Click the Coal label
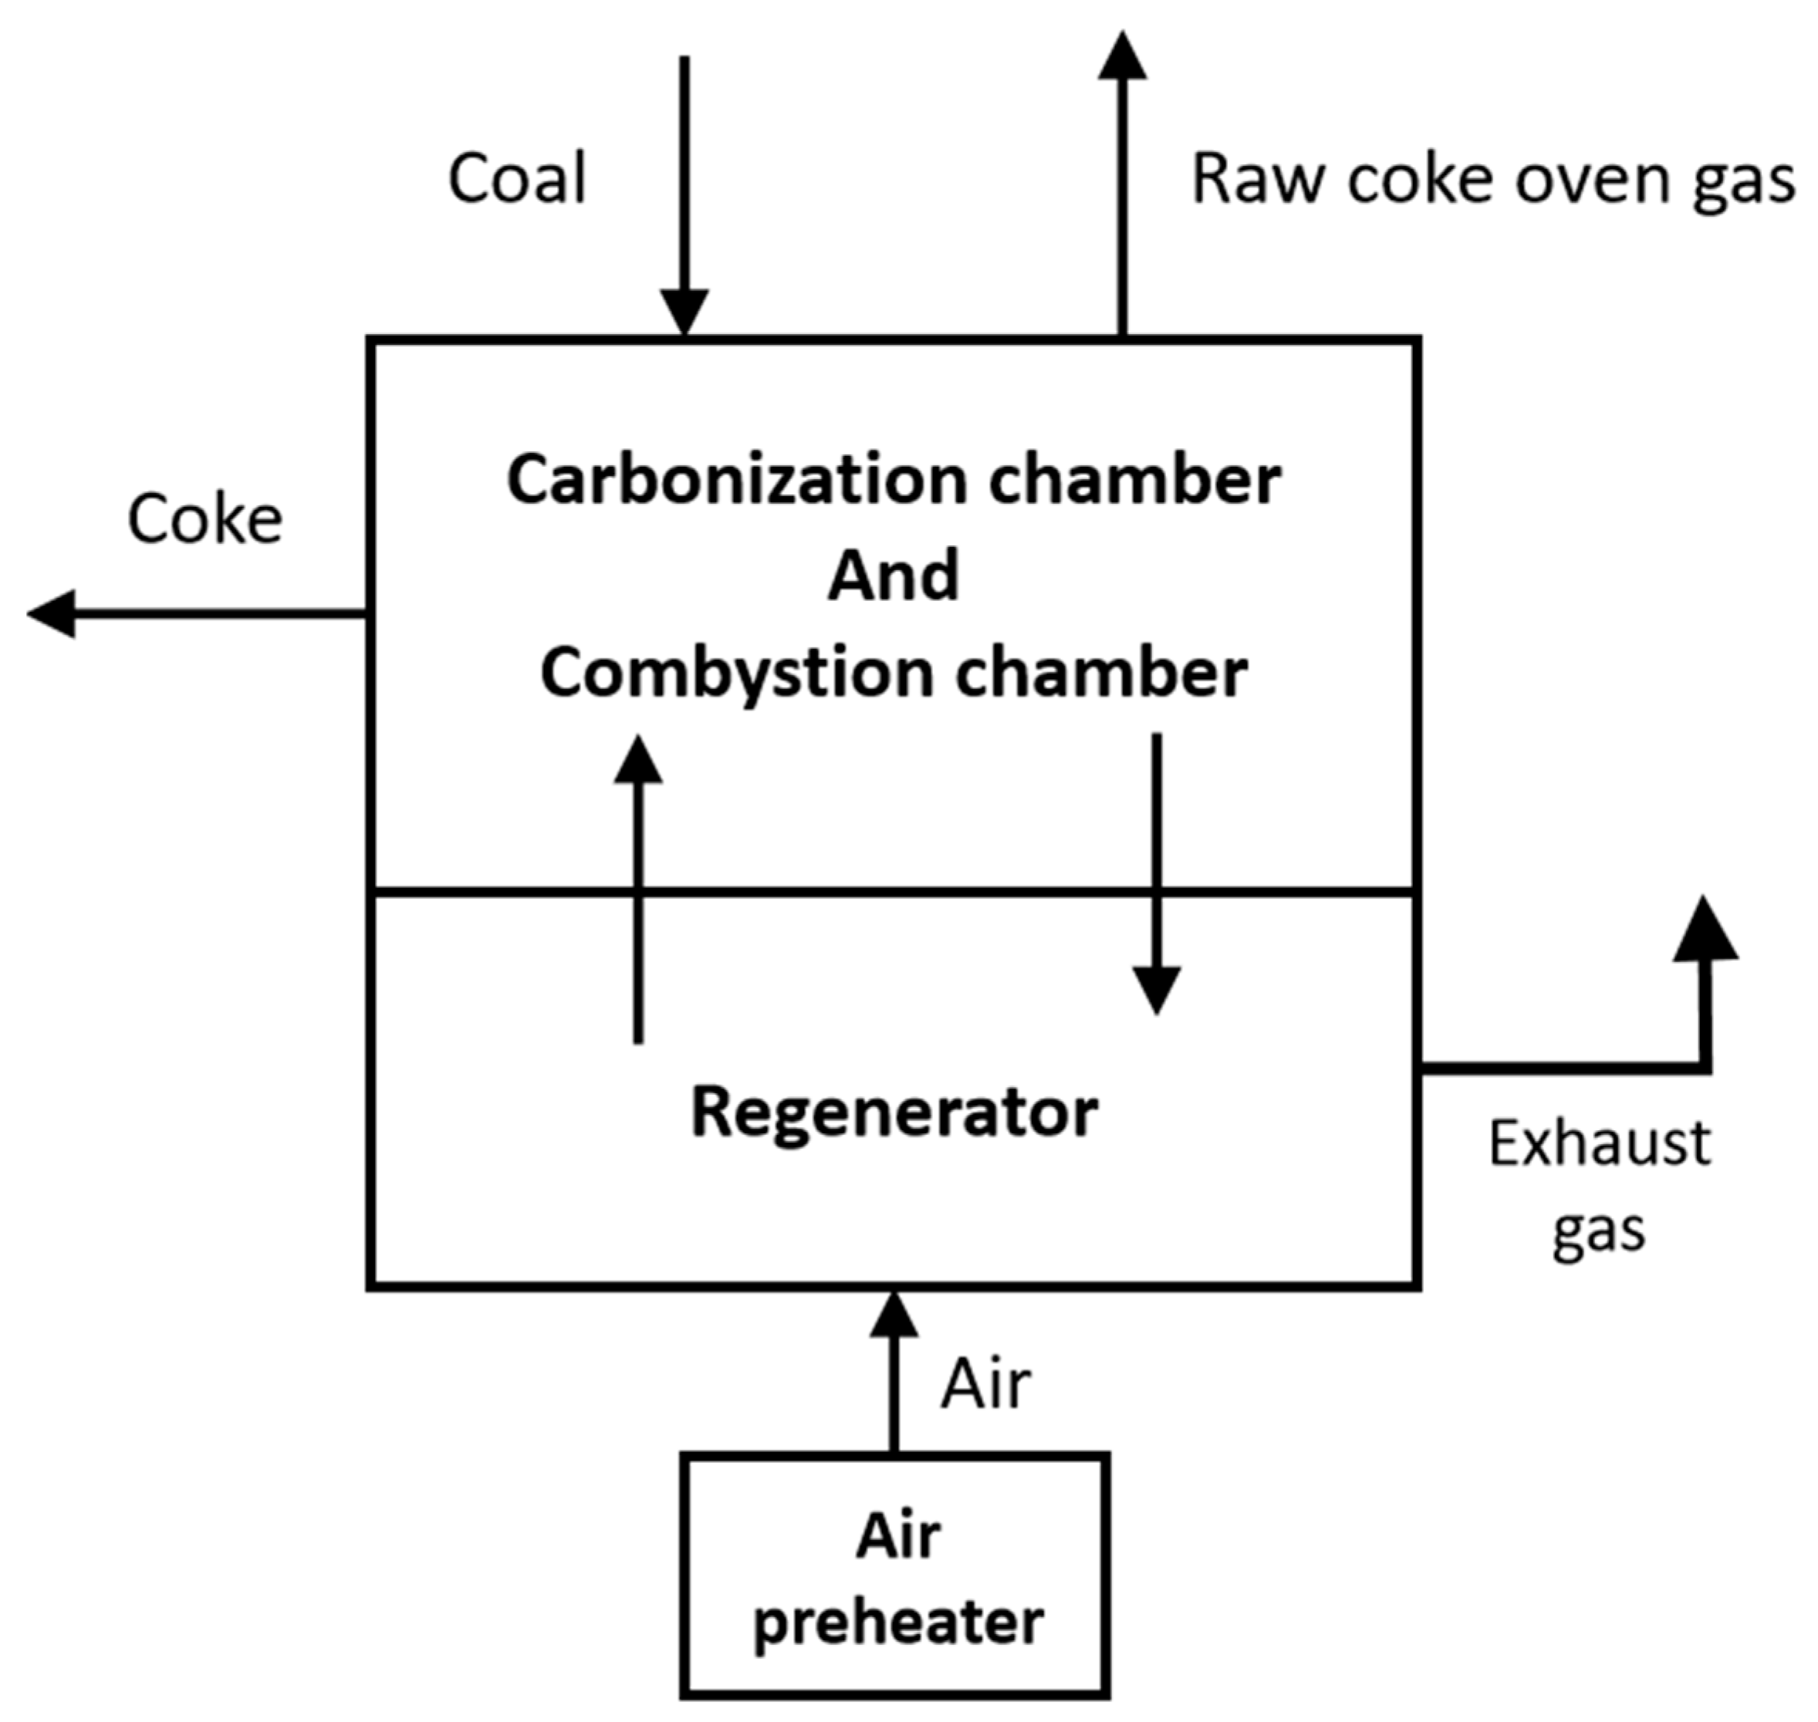516,179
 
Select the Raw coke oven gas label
1492,179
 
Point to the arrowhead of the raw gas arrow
1123,56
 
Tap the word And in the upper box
894,576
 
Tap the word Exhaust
1600,1143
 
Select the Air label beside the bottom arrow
985,1385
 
